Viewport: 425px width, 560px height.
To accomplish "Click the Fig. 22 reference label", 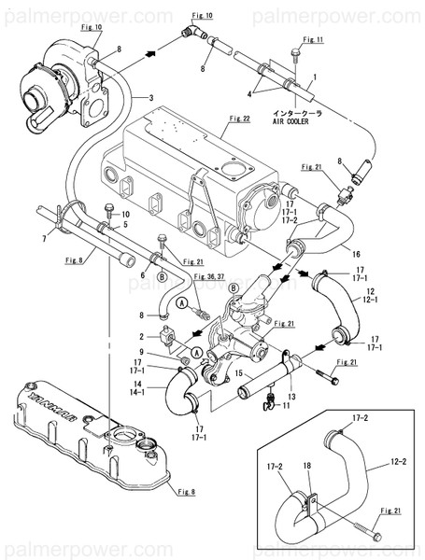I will click(x=240, y=119).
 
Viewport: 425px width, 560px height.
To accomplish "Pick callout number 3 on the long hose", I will click(x=149, y=96).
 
